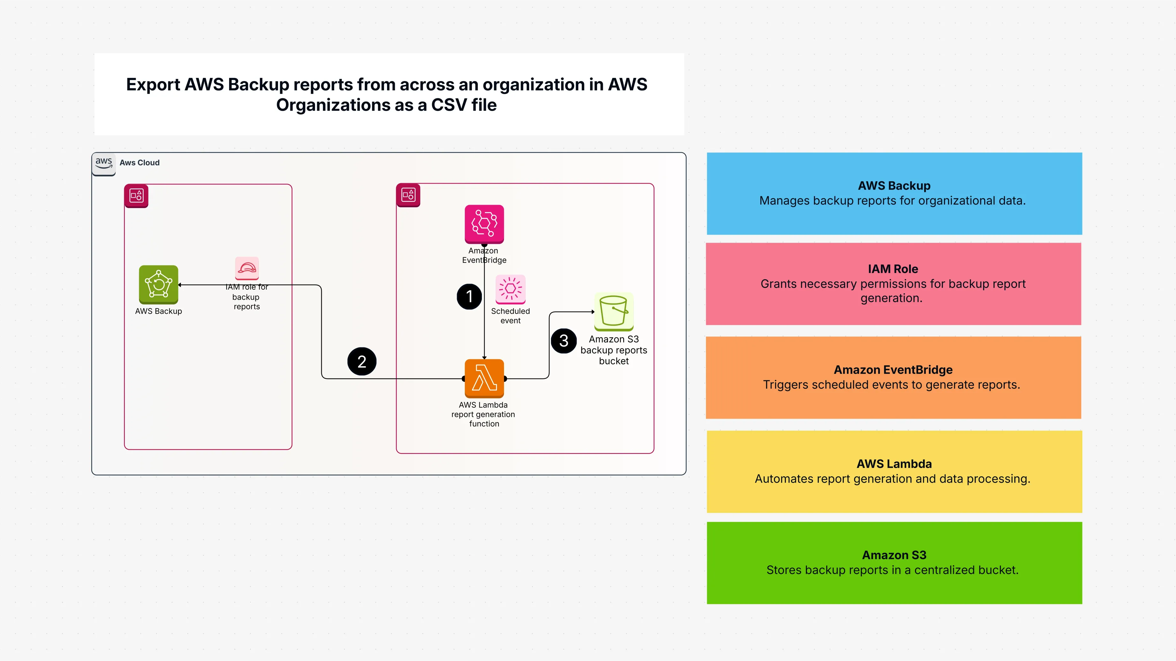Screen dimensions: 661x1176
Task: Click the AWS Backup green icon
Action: point(158,284)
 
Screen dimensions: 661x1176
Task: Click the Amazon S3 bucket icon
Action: point(614,311)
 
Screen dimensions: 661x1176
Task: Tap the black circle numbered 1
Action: point(469,297)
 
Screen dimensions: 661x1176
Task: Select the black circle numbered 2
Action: point(362,361)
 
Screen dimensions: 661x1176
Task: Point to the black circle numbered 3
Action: point(564,340)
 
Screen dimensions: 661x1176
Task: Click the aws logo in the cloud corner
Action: point(104,163)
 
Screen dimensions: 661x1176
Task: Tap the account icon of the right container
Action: point(408,195)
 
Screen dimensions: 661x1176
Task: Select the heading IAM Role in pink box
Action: point(893,269)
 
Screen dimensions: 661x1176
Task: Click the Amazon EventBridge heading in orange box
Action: point(893,370)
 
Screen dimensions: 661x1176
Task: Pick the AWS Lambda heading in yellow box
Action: point(894,464)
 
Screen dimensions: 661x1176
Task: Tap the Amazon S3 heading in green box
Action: point(894,555)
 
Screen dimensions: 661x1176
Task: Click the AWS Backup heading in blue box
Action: point(894,186)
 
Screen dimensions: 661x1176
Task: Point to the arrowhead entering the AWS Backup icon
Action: point(180,285)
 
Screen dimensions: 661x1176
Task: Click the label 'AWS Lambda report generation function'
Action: point(483,414)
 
